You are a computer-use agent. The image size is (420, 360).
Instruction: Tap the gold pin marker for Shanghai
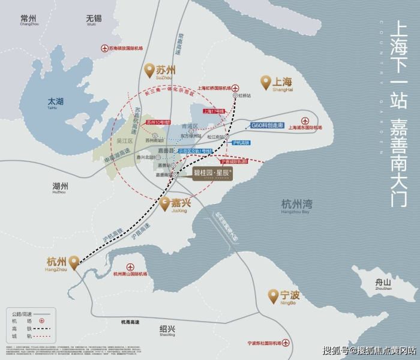[266, 82]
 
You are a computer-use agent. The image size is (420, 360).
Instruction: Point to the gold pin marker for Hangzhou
[74, 262]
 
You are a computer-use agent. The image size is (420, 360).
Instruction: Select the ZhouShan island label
[383, 284]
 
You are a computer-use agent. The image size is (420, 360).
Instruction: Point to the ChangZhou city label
[29, 20]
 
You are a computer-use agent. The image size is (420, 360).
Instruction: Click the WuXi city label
[92, 20]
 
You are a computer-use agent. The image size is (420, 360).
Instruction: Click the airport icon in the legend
[42, 321]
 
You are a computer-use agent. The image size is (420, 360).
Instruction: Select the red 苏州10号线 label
[158, 122]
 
